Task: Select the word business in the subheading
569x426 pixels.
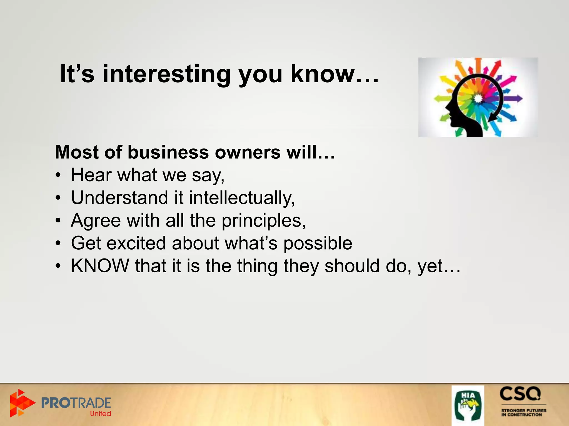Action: click(x=168, y=152)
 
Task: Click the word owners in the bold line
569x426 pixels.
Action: click(x=248, y=152)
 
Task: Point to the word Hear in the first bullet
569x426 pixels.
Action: click(x=91, y=175)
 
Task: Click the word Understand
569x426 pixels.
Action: click(x=119, y=198)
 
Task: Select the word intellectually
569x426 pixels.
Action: click(x=241, y=198)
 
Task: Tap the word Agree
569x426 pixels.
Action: click(x=96, y=220)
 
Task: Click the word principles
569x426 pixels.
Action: click(x=263, y=221)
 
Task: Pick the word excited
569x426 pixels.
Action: click(x=136, y=243)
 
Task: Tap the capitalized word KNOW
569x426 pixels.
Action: click(x=100, y=266)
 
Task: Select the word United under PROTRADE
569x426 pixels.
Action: click(x=100, y=414)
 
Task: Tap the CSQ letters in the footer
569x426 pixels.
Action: click(x=520, y=394)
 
